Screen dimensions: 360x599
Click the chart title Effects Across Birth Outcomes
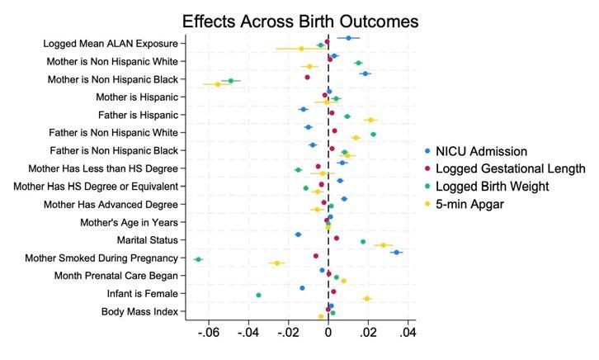click(x=300, y=21)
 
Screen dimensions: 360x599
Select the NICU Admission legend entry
click(x=480, y=151)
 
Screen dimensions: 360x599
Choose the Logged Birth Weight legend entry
click(x=493, y=187)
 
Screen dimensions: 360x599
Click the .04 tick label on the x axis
click(x=408, y=333)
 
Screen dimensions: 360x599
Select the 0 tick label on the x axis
click(x=328, y=333)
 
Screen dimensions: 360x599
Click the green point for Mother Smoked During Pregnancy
click(x=198, y=259)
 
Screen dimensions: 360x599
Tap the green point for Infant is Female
click(x=258, y=295)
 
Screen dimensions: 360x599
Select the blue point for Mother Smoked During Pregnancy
click(x=397, y=253)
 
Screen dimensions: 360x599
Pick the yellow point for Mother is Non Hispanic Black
click(x=218, y=84)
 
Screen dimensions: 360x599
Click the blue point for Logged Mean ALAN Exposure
click(x=348, y=38)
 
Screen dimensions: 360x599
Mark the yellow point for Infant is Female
click(x=367, y=299)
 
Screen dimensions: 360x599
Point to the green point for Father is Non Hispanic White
click(x=373, y=135)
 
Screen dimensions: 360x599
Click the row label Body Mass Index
click(x=144, y=311)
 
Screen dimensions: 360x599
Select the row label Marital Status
click(x=150, y=240)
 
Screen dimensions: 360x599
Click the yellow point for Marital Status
click(x=383, y=245)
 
